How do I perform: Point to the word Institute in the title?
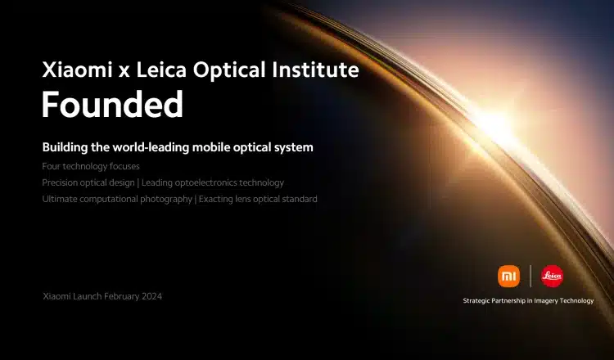(316, 70)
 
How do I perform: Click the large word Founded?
(112, 105)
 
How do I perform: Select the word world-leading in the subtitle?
(156, 147)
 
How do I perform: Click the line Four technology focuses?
(91, 166)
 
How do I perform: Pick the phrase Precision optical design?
(88, 182)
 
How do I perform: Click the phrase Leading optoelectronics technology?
(213, 182)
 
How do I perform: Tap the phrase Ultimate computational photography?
(117, 199)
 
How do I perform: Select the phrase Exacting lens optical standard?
(258, 199)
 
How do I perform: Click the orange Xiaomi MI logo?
(508, 277)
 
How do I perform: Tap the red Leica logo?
(552, 277)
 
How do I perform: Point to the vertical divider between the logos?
(530, 276)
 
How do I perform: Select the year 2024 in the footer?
(151, 297)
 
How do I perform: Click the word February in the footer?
(122, 297)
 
